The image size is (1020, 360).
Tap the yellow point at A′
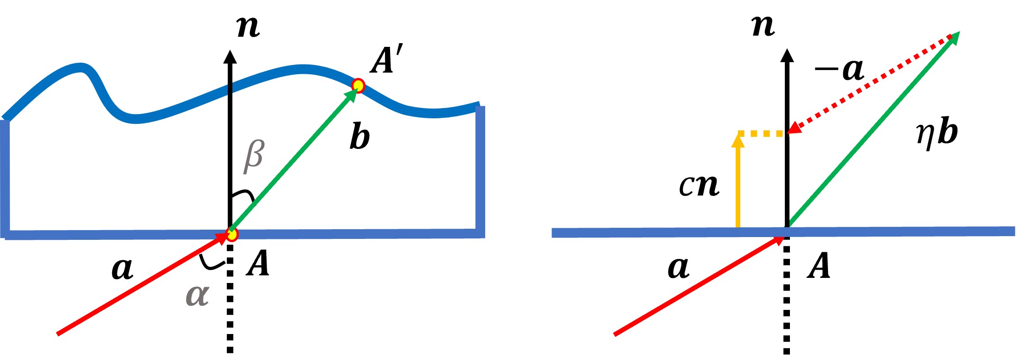click(x=358, y=85)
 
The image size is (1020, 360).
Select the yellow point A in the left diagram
click(x=232, y=234)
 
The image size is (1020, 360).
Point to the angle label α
click(x=197, y=295)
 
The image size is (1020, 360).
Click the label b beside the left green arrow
click(x=360, y=137)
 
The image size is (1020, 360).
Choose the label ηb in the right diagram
click(x=937, y=133)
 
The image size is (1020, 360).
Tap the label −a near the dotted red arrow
click(x=840, y=70)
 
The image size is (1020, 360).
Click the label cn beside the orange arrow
click(x=699, y=185)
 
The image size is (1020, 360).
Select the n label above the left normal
click(x=248, y=27)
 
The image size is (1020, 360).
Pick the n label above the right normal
click(x=763, y=26)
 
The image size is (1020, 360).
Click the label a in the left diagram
click(x=122, y=269)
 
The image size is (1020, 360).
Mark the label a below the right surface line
click(x=678, y=268)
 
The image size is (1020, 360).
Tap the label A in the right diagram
click(x=819, y=266)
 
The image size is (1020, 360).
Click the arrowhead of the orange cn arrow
click(x=738, y=140)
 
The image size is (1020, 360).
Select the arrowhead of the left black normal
click(x=230, y=57)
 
